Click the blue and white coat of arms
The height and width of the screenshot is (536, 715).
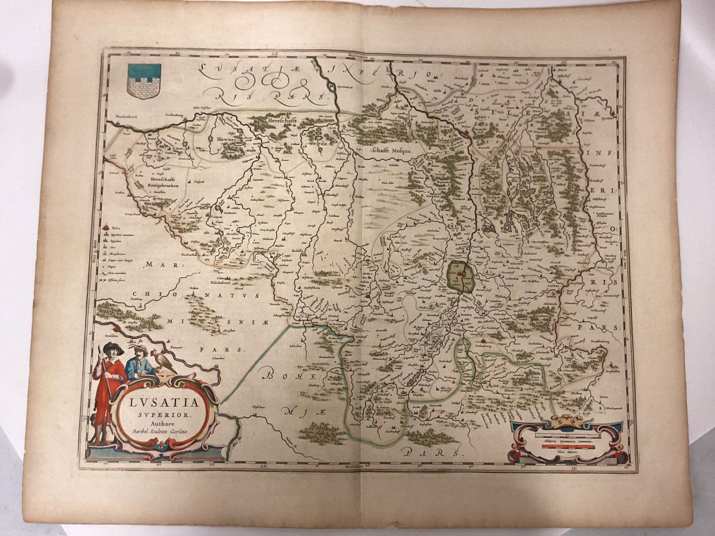tap(144, 81)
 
